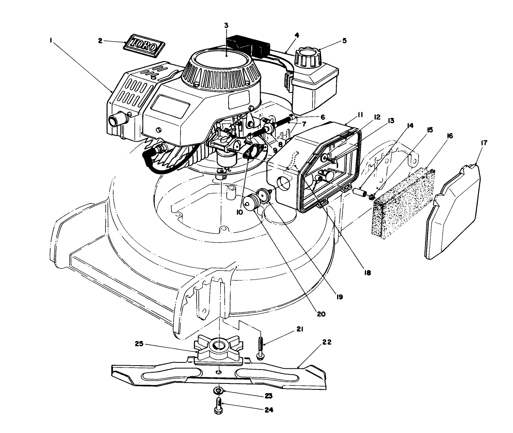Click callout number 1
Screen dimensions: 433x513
(x=51, y=40)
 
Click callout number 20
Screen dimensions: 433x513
(x=321, y=314)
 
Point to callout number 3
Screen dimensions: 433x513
(x=226, y=25)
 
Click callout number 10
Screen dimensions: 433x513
(x=239, y=213)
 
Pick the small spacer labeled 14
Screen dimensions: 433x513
(x=359, y=192)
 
